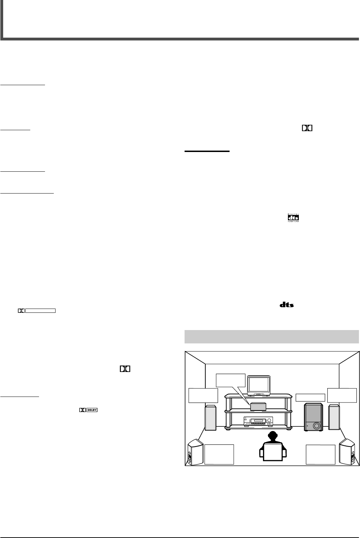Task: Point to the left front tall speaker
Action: [x=211, y=418]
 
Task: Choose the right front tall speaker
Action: [x=334, y=417]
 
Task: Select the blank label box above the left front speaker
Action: [x=203, y=395]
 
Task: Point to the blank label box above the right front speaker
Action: [x=342, y=395]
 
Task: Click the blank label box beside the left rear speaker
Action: [x=219, y=454]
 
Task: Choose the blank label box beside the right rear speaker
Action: [x=320, y=454]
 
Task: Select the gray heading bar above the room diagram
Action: [x=271, y=336]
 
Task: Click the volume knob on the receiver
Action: [x=270, y=420]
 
